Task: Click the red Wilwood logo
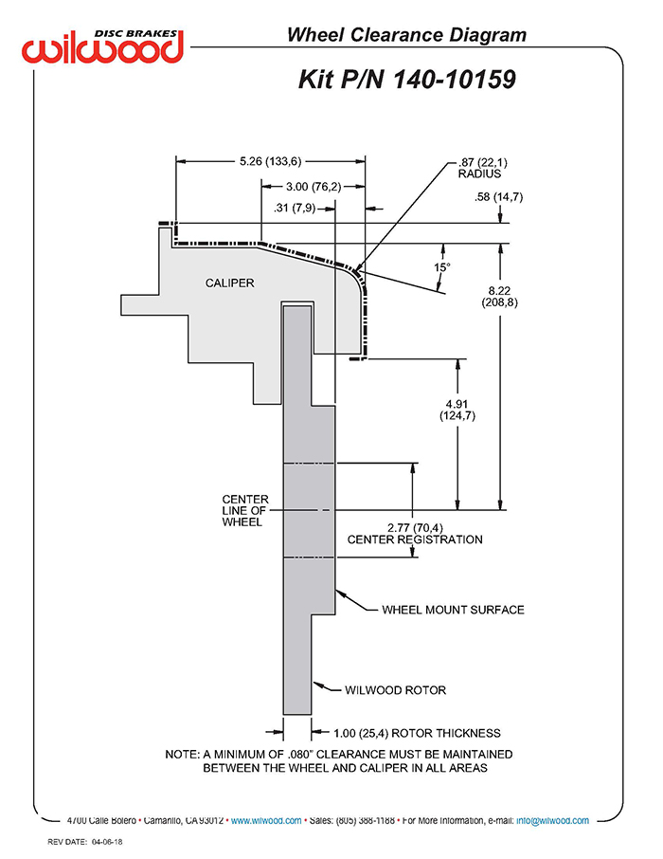(102, 47)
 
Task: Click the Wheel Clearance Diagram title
(406, 35)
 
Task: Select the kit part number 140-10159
(454, 80)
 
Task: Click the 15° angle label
(441, 267)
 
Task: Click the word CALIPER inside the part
(229, 283)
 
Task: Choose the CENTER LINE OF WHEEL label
(245, 511)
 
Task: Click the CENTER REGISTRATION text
(415, 539)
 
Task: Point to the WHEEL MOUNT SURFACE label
(453, 610)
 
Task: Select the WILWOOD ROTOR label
(395, 690)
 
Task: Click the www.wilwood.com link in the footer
(266, 821)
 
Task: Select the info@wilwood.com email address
(552, 821)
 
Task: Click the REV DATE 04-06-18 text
(85, 842)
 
